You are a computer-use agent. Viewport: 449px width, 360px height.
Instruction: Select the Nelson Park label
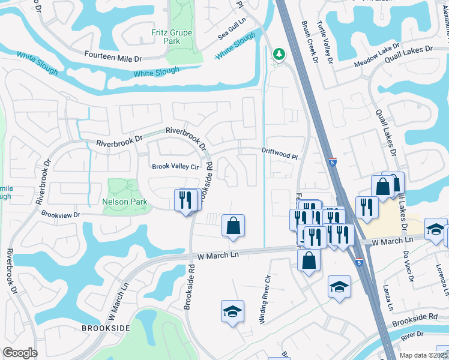coord(124,202)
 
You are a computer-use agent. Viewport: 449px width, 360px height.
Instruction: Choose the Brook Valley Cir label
coord(175,167)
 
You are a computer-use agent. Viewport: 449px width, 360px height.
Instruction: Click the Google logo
coord(20,353)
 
